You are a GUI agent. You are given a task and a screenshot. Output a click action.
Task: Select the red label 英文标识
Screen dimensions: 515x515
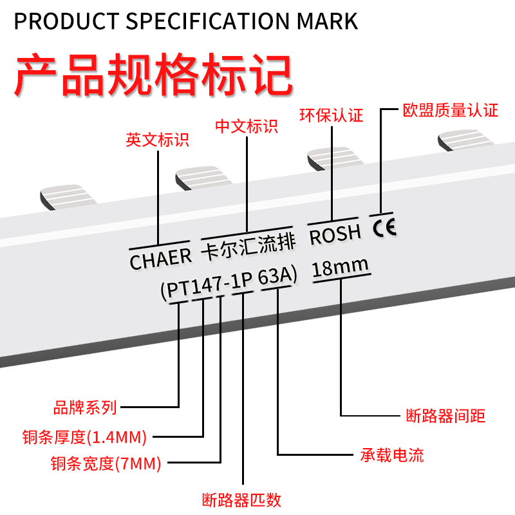[x=158, y=140]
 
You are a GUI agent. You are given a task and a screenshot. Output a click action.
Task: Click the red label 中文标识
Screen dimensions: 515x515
[x=247, y=126]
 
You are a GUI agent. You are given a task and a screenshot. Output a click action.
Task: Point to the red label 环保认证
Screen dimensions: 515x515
[x=332, y=116]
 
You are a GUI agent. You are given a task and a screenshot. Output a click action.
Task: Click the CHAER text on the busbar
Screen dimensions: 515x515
[x=161, y=259]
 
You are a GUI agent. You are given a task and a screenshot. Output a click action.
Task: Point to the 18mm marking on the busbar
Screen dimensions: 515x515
[x=340, y=267]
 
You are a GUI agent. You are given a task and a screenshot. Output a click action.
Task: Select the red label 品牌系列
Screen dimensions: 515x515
[x=85, y=407]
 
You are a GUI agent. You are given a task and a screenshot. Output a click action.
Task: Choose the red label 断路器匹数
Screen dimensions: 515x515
[x=241, y=500]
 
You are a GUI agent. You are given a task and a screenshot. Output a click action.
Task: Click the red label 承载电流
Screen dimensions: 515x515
[x=391, y=456]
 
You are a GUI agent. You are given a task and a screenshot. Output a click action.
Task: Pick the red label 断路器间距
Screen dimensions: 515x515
[x=446, y=415]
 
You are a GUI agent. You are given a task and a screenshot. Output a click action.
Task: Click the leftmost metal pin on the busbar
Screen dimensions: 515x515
[x=68, y=197]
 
